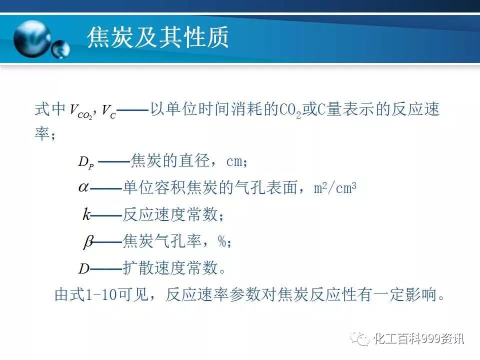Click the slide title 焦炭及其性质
pyautogui.click(x=158, y=38)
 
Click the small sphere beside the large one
pyautogui.click(x=61, y=49)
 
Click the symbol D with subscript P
pyautogui.click(x=85, y=161)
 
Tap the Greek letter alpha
pyautogui.click(x=83, y=187)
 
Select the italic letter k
pyautogui.click(x=86, y=215)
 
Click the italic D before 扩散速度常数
pyautogui.click(x=83, y=269)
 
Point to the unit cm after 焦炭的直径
pyautogui.click(x=234, y=161)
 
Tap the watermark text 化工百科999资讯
pyautogui.click(x=419, y=339)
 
